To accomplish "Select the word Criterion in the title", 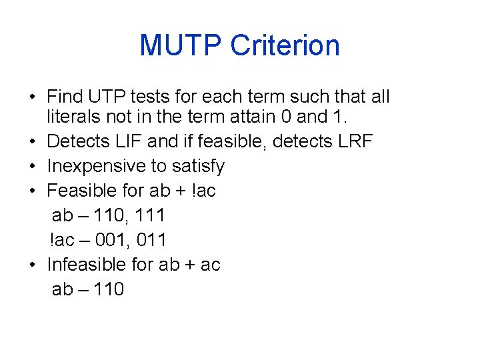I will tap(285, 45).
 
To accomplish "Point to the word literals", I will tap(69, 117).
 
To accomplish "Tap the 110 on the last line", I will tap(106, 289).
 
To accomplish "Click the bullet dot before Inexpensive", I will tap(32, 167).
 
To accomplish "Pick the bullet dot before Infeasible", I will tap(32, 265).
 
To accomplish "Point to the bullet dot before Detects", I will tap(32, 142).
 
